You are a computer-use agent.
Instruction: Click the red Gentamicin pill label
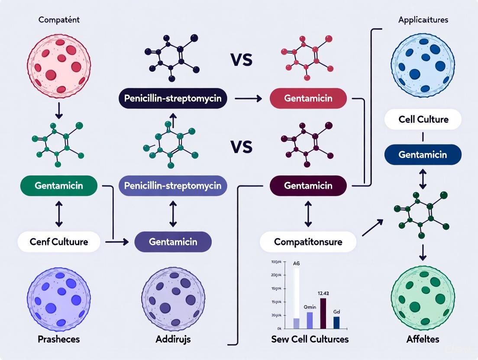coord(308,99)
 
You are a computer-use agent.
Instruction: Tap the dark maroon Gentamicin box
coord(308,186)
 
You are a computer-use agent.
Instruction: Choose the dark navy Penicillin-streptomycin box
coord(173,99)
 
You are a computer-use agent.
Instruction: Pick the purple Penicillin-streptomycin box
coord(173,186)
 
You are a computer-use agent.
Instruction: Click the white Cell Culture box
coord(423,119)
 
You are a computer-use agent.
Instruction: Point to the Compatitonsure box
coord(308,242)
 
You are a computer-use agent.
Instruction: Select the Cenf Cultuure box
coord(59,242)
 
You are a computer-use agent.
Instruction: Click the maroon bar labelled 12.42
coord(323,313)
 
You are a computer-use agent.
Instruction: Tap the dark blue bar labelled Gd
coord(336,322)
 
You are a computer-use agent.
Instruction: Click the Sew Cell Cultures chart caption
coord(310,339)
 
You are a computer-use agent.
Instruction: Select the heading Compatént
coord(59,20)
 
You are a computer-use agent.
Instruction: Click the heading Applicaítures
coord(423,20)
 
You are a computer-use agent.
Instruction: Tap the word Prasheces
coord(59,339)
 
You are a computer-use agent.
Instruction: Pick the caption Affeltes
coord(423,339)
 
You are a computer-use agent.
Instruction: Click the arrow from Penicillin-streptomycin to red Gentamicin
coord(248,99)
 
